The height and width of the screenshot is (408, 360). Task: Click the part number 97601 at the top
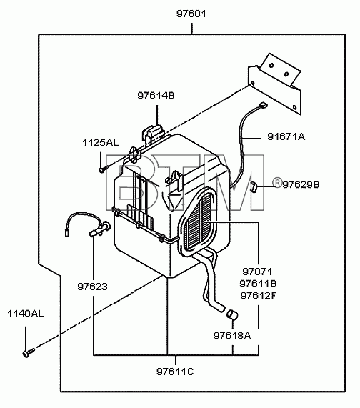191,14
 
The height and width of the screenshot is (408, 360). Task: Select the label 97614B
156,96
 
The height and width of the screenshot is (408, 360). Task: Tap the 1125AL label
101,143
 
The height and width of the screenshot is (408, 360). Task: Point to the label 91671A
286,136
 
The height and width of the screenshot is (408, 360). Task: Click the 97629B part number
301,184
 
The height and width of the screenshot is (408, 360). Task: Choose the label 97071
257,272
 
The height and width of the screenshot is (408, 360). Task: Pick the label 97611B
258,284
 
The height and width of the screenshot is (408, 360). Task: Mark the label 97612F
258,296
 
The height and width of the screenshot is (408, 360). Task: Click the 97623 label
92,287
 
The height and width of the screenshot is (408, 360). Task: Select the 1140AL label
26,314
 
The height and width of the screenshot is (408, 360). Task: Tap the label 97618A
232,336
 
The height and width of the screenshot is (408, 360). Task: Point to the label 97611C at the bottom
175,372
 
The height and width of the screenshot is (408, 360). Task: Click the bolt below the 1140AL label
29,352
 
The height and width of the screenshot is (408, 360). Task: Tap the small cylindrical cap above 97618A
232,314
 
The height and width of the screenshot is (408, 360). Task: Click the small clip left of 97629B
254,186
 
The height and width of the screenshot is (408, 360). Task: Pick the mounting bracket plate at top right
275,84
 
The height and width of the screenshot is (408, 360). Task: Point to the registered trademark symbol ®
277,183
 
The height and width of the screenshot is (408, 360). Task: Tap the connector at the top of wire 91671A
264,105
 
